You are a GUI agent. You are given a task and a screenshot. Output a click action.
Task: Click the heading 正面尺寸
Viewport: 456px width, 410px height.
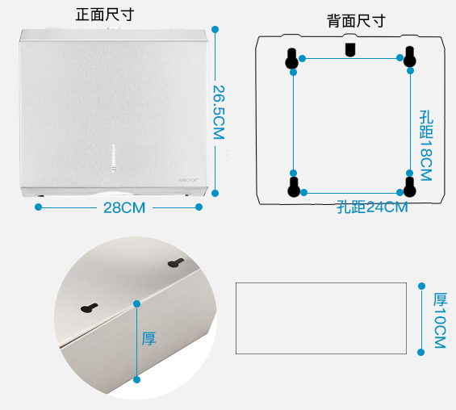105,15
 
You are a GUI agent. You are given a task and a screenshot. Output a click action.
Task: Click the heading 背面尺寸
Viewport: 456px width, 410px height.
356,21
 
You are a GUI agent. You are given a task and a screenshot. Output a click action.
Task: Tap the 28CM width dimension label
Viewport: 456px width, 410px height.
124,208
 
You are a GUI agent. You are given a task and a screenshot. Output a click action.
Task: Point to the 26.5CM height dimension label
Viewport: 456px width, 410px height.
219,112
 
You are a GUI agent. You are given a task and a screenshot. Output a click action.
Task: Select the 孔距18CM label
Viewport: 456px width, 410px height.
426,145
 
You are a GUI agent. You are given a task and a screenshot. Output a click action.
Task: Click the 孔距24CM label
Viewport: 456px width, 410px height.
372,207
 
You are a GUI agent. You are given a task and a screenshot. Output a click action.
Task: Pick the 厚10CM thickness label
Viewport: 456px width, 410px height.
440,320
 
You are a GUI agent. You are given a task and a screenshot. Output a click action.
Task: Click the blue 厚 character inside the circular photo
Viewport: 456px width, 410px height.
149,339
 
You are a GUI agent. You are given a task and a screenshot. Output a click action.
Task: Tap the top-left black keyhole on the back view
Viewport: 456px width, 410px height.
291,58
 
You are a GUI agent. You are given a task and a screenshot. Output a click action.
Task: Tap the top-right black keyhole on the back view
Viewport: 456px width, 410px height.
409,56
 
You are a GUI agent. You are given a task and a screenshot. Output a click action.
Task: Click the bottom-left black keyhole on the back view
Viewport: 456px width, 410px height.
294,187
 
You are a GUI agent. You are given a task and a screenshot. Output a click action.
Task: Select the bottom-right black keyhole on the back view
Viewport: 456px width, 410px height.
410,186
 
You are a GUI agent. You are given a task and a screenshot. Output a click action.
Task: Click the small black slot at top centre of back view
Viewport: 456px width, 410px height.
350,49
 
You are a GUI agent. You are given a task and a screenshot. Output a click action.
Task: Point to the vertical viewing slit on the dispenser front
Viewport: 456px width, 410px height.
114,158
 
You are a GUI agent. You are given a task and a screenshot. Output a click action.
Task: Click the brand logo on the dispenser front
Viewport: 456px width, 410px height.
188,180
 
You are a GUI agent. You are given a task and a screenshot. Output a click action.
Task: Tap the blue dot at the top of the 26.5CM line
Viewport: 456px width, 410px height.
215,29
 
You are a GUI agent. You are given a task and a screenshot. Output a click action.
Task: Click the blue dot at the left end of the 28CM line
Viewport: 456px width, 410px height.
38,207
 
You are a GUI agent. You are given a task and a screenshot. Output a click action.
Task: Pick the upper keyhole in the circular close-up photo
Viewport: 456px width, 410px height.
176,263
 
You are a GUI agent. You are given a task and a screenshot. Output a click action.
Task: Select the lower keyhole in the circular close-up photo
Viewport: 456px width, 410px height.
90,308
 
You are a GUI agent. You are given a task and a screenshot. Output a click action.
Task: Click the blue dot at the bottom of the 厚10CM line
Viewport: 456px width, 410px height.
420,353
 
